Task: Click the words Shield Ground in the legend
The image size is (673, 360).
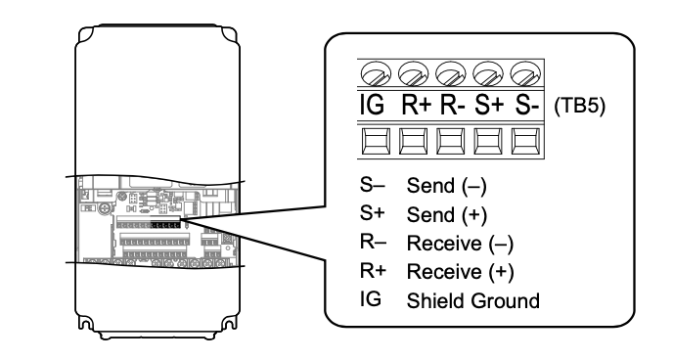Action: [472, 300]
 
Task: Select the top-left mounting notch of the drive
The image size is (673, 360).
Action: [86, 35]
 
